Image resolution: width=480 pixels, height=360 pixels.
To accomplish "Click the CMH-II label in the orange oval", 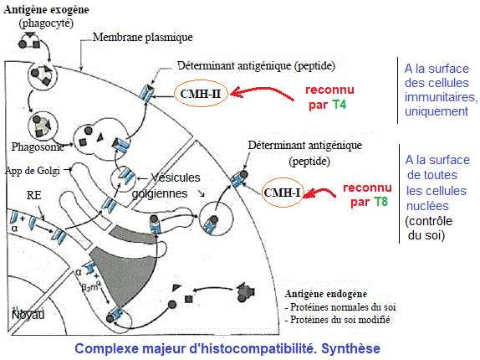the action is pos(201,94).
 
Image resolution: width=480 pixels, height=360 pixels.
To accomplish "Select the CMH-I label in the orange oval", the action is pos(282,193).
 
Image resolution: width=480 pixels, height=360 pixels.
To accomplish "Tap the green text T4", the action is pos(340,105).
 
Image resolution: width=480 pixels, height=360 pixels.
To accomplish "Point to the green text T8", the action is pos(380,202).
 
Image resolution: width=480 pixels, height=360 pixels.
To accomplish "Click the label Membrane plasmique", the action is pos(143,37).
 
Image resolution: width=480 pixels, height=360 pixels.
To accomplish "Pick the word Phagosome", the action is pos(38,147).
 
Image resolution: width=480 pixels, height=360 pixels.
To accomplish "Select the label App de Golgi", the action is pos(33,170).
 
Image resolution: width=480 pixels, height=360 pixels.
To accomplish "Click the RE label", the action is pos(33,195).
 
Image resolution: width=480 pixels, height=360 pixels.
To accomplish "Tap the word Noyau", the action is pos(28,315).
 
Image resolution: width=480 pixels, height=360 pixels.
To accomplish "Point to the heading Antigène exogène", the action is pos(46,9).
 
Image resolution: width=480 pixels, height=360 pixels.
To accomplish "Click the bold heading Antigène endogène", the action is pos(326,294).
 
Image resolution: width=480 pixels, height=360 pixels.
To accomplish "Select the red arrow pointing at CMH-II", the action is pos(261,91).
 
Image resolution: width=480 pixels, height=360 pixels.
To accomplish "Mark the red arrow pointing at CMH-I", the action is pos(319,193).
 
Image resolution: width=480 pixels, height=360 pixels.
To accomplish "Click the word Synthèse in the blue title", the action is pos(351,348).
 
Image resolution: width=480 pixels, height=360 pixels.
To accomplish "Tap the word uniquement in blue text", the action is pos(437,111).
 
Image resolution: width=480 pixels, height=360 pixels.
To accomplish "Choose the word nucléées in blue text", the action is pos(427,206).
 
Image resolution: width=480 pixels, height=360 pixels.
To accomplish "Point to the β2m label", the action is pos(89,287).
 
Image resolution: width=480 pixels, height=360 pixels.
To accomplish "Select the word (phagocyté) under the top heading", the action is pos(46,23).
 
